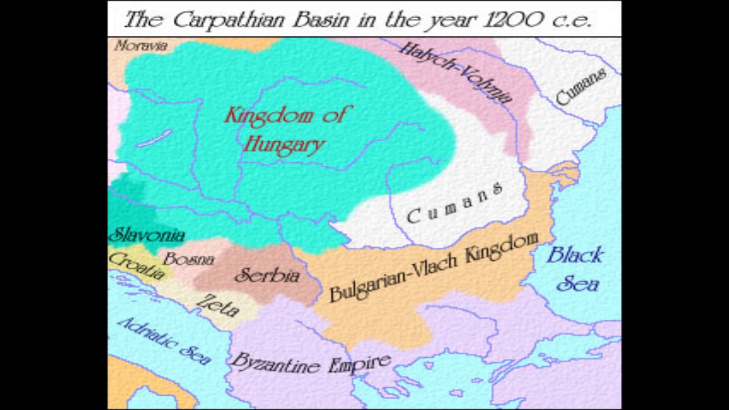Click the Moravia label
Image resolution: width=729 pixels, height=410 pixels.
[141, 46]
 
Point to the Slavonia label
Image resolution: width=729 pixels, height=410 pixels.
[147, 235]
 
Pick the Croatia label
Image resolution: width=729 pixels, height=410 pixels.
[137, 265]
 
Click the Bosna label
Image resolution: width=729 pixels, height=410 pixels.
[189, 259]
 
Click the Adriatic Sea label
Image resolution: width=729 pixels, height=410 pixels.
[164, 340]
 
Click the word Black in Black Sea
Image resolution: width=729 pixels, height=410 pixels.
[574, 255]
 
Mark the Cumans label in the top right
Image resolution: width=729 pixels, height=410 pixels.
[580, 87]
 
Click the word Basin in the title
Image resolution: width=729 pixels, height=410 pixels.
[322, 20]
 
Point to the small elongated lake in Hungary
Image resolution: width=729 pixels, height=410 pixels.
[154, 138]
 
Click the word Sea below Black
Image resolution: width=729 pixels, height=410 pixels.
[578, 283]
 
